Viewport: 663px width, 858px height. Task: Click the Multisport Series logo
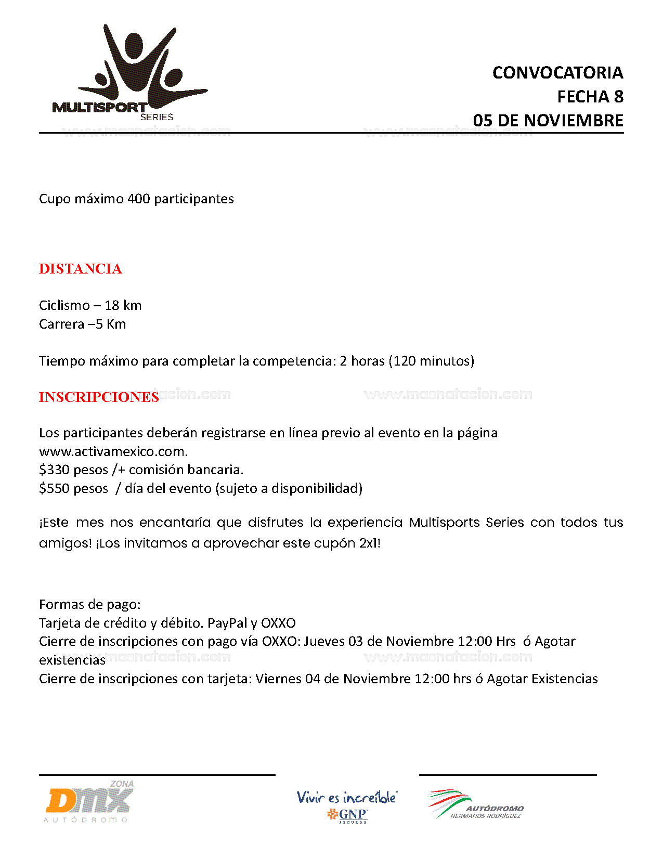[130, 73]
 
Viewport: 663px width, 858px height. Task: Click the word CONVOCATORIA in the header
[557, 73]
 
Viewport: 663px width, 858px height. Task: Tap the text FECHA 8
[590, 97]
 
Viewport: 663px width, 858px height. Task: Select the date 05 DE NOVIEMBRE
[548, 121]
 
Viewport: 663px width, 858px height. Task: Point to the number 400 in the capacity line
[139, 199]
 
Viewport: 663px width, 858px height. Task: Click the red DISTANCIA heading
[81, 269]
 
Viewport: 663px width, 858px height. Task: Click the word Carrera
[61, 324]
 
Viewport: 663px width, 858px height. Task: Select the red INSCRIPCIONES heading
[99, 397]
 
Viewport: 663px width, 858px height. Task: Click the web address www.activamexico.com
[113, 451]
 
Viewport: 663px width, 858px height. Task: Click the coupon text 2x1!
[370, 543]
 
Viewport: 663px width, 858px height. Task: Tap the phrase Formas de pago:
[90, 604]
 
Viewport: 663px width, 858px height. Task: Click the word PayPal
[227, 623]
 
